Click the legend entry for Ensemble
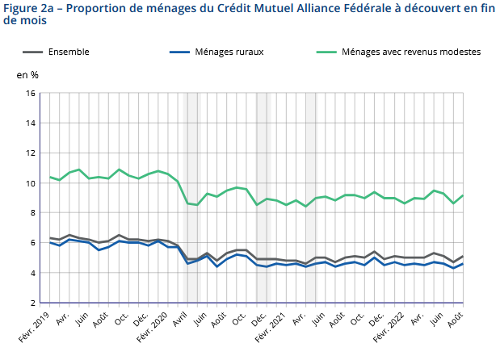pos(69,52)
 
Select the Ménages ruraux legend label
pos(229,52)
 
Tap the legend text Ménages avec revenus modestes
pos(411,52)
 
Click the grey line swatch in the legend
pos(31,52)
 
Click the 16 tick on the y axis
pos(32,93)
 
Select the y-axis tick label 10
pos(32,183)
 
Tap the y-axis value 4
pos(34,273)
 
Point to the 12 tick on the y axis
pos(32,153)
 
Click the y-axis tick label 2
pos(34,303)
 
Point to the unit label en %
pos(27,75)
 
